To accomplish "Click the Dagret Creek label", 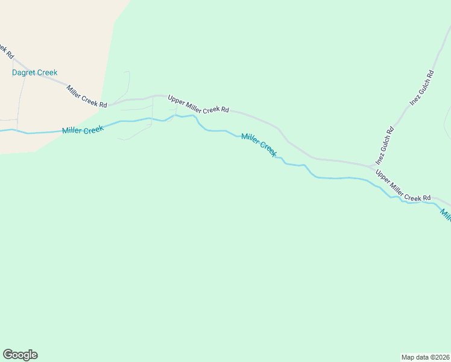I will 35,73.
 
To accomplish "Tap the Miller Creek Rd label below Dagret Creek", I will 87,97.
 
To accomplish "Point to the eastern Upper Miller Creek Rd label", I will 403,186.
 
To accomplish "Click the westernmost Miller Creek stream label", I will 83,130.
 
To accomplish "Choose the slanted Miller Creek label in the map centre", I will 259,145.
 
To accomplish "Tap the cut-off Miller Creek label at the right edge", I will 445,215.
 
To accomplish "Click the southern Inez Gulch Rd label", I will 384,145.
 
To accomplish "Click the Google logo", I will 20,355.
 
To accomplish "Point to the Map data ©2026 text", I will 425,357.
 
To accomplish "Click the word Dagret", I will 24,73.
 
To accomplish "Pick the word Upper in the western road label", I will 176,100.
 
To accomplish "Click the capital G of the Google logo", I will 8,355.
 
